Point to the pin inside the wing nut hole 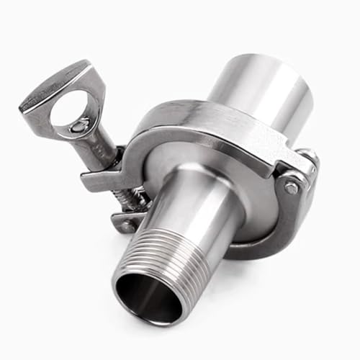tap(77, 127)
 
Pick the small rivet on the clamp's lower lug tap(129, 225)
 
